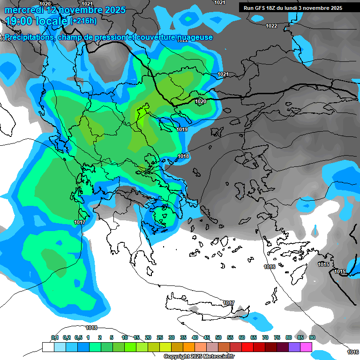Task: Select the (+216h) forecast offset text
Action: click(x=83, y=21)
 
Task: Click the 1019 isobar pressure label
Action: click(x=182, y=129)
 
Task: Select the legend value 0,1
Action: click(x=54, y=338)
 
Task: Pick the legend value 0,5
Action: click(x=78, y=338)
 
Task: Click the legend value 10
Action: click(x=125, y=338)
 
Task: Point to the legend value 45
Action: click(x=207, y=338)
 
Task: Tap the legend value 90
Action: click(x=312, y=338)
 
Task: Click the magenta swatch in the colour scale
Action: click(x=306, y=347)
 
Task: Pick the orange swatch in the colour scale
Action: click(x=189, y=347)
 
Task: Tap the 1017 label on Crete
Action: click(x=229, y=303)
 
